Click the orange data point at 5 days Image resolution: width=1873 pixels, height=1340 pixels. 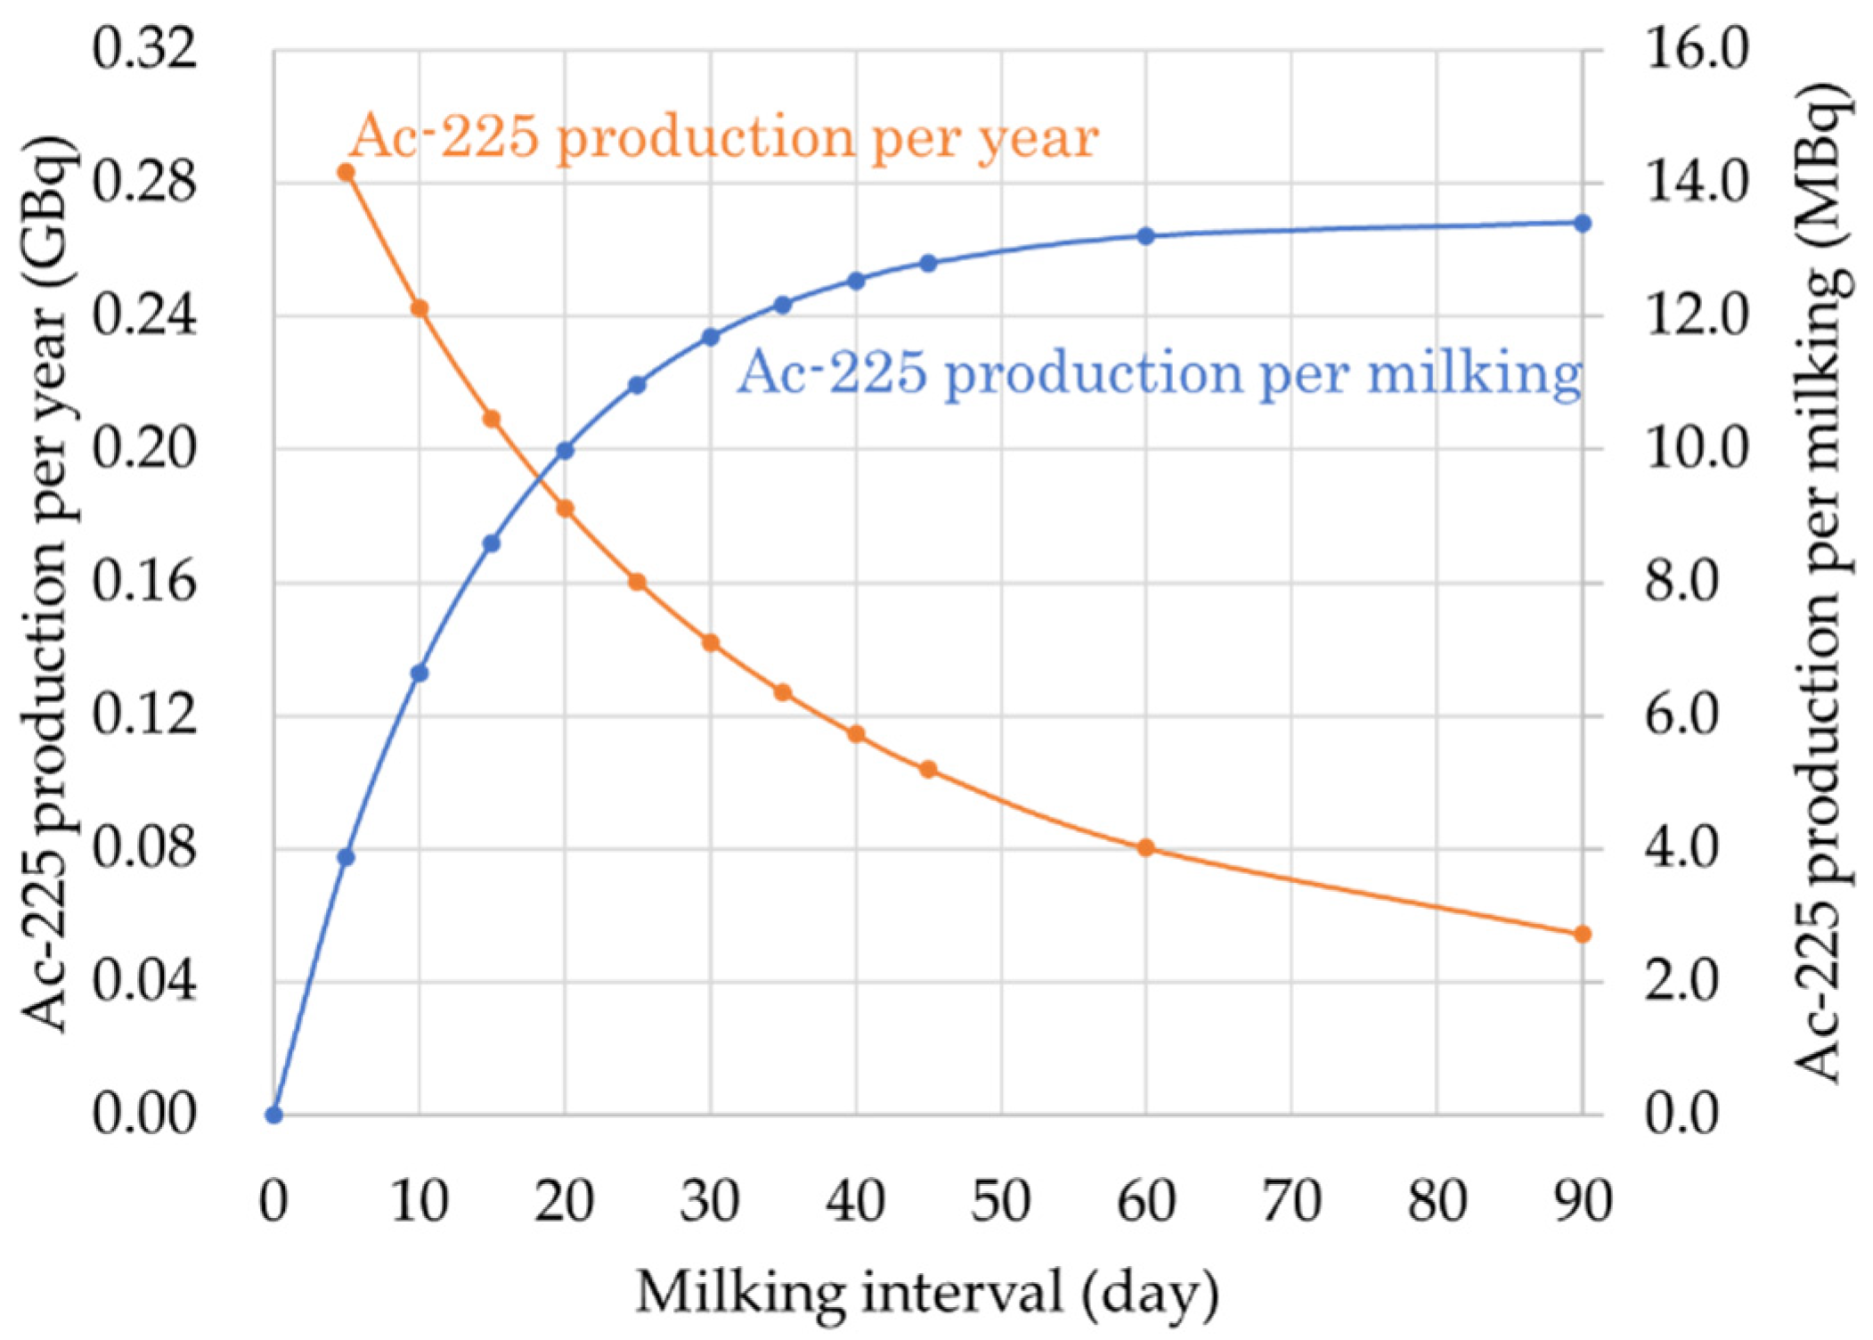346,172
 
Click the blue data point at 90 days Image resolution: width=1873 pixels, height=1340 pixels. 1582,224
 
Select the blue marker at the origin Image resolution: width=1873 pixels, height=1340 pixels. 274,1115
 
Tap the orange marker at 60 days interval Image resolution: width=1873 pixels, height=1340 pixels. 1146,847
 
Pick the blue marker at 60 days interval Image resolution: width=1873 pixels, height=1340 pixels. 1146,236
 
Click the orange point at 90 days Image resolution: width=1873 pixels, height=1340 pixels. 1582,934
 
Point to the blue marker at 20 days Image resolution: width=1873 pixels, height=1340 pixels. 565,451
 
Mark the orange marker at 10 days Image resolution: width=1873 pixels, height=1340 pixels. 419,308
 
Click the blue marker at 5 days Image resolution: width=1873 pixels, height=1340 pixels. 346,857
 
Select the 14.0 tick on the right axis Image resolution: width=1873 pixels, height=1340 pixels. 1696,184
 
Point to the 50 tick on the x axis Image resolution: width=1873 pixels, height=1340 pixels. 1001,1201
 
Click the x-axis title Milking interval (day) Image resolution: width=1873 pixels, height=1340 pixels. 927,1293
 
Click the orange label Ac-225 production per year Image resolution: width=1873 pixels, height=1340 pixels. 723,138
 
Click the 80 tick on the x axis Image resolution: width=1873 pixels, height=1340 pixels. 1437,1201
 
